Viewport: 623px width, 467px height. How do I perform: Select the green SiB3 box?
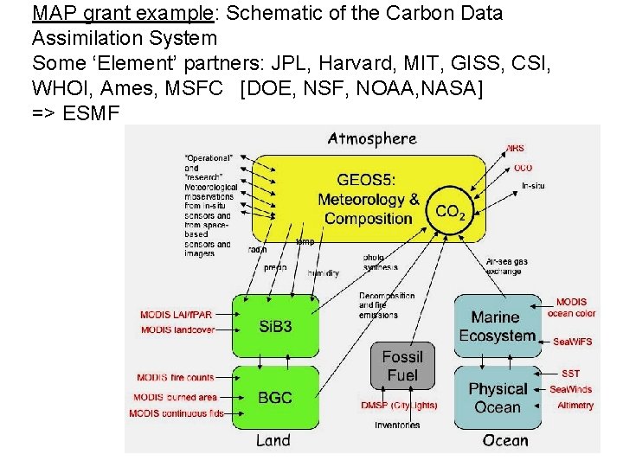[x=275, y=326]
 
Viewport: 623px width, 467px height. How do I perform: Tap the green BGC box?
[x=275, y=398]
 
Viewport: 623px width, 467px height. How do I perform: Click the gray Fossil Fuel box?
[x=402, y=366]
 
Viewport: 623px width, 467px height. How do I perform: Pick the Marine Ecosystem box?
[x=497, y=327]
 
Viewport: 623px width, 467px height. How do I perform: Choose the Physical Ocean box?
[x=497, y=398]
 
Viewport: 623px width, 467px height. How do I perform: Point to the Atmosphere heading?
[x=372, y=138]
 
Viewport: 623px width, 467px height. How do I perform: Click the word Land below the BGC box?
[x=273, y=440]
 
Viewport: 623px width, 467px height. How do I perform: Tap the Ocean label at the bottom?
[x=504, y=440]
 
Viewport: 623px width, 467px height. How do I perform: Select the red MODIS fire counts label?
[x=176, y=377]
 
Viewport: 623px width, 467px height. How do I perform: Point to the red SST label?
[x=571, y=374]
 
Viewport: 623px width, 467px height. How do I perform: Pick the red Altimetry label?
[x=575, y=405]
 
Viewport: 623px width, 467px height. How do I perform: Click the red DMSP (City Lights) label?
[x=399, y=406]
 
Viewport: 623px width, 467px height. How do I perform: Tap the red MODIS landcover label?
[x=180, y=329]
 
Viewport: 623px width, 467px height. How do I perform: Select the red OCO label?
[x=523, y=168]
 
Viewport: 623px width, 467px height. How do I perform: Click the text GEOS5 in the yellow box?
[x=366, y=181]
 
